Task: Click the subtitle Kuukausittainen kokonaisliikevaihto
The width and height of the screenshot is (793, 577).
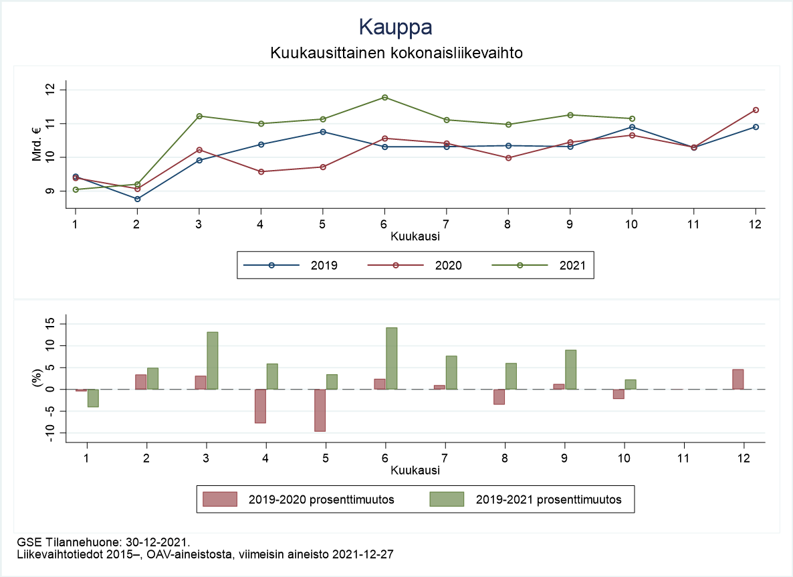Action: pyautogui.click(x=396, y=52)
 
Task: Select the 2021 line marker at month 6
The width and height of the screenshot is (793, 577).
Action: pyautogui.click(x=384, y=98)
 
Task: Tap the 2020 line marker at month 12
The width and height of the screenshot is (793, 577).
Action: pyautogui.click(x=756, y=110)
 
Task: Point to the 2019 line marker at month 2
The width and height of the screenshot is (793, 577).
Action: pyautogui.click(x=137, y=199)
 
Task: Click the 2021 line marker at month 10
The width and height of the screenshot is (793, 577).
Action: pyautogui.click(x=632, y=118)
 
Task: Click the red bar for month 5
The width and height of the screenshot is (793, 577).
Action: pyautogui.click(x=320, y=410)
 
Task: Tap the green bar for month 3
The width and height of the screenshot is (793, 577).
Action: pyautogui.click(x=212, y=360)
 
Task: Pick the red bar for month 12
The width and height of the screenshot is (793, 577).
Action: pyautogui.click(x=738, y=379)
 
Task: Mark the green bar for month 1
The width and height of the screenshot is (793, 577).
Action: pyautogui.click(x=93, y=398)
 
